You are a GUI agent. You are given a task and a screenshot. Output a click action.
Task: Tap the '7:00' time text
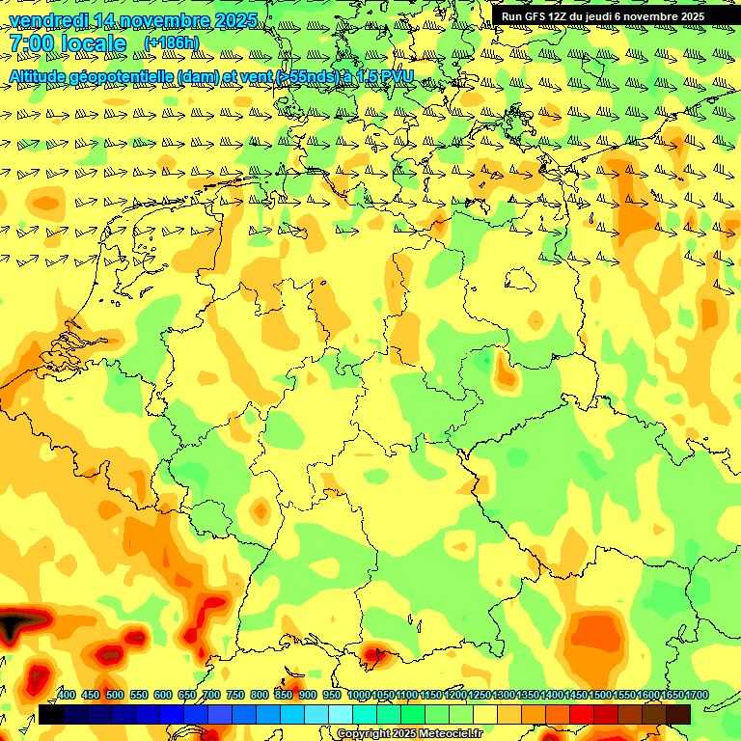click(x=32, y=43)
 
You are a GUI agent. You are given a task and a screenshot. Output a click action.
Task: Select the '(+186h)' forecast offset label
click(x=171, y=43)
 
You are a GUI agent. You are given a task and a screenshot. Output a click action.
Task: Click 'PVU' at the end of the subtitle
click(x=398, y=76)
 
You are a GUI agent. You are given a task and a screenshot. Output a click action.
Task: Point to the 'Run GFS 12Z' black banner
click(x=602, y=16)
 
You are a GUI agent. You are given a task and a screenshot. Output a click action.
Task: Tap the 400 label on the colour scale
click(x=67, y=696)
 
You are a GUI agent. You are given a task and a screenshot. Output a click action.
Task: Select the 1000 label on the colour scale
click(x=358, y=696)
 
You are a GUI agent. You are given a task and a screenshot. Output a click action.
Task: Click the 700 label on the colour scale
click(x=211, y=696)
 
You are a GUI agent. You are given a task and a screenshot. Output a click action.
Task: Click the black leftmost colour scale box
click(x=51, y=714)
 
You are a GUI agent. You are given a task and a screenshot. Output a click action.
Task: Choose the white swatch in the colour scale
click(x=341, y=714)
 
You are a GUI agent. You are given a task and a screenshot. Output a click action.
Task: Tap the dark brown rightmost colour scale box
click(x=678, y=714)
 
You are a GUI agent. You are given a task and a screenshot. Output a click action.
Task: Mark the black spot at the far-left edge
click(x=10, y=627)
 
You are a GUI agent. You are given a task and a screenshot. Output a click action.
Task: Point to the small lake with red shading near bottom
click(x=374, y=657)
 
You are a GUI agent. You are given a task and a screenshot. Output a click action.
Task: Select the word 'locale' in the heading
click(x=94, y=43)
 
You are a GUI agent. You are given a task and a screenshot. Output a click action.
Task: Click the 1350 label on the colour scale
click(x=528, y=696)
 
